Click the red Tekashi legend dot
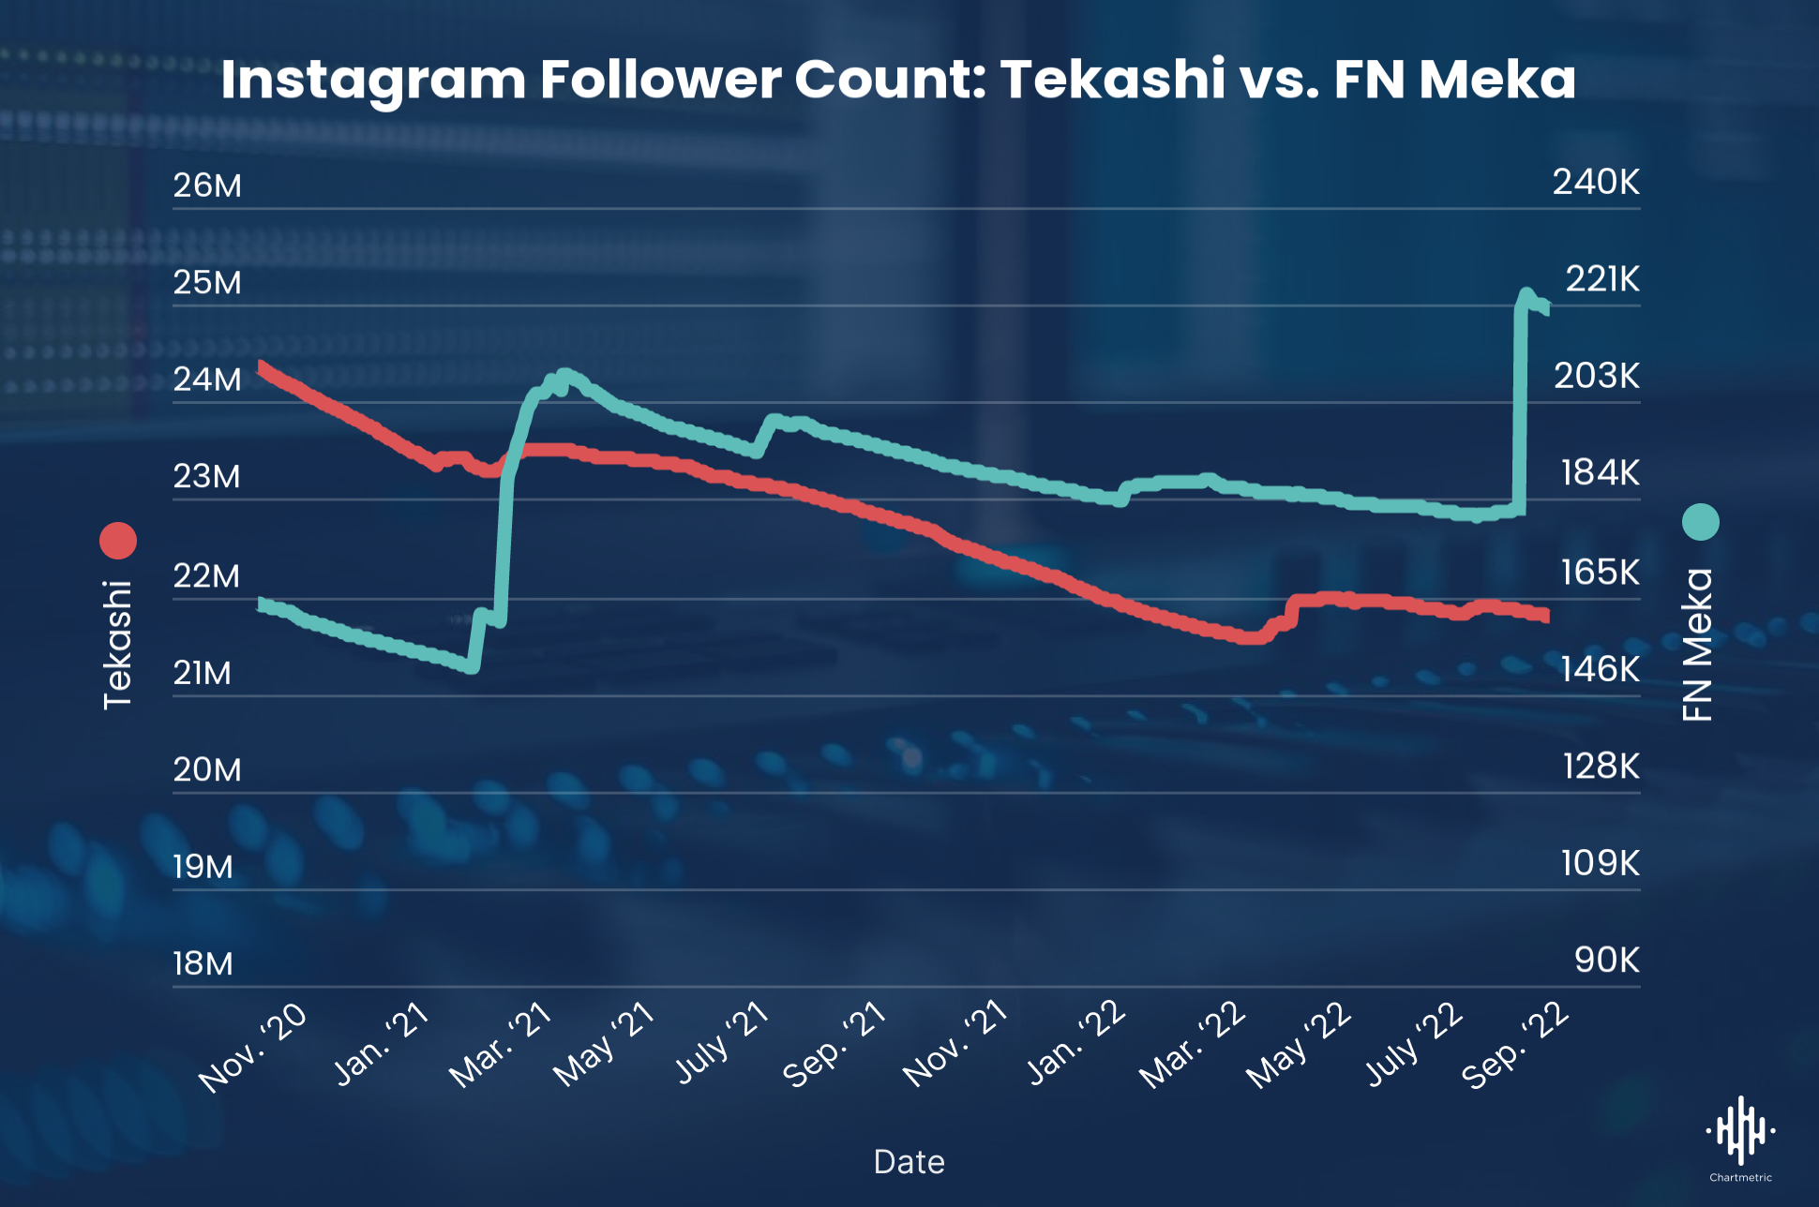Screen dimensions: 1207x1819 tap(118, 541)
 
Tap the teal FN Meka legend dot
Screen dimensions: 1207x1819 tap(1700, 522)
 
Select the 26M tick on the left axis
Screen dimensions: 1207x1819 tap(207, 186)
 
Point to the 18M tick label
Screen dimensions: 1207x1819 tap(203, 963)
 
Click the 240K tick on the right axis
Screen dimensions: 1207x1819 tap(1596, 182)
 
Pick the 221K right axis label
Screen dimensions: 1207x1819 tap(1602, 279)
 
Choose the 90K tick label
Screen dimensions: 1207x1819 tap(1607, 960)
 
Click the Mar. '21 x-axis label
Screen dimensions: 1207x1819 tap(501, 1045)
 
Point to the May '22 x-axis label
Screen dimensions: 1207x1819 tap(1299, 1045)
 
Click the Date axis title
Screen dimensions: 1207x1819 tap(909, 1162)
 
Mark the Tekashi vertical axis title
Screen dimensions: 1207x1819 tap(118, 645)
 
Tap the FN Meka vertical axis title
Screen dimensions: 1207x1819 tap(1698, 645)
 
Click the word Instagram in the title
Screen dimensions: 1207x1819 tap(373, 80)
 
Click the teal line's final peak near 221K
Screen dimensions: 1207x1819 tap(1526, 294)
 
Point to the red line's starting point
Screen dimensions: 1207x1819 tap(262, 366)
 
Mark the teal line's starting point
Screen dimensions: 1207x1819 tap(262, 603)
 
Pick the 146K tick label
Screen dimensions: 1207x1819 tap(1601, 669)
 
